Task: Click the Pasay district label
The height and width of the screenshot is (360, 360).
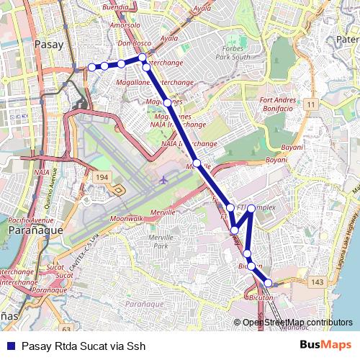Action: click(x=49, y=44)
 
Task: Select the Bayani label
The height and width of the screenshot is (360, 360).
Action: click(x=276, y=159)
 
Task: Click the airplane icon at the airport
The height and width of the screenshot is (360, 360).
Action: click(x=164, y=179)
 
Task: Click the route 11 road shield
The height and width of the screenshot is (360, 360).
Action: click(x=310, y=105)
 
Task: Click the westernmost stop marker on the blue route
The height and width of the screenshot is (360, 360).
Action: click(x=91, y=67)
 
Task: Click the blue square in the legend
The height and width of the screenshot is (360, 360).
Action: click(x=10, y=346)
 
